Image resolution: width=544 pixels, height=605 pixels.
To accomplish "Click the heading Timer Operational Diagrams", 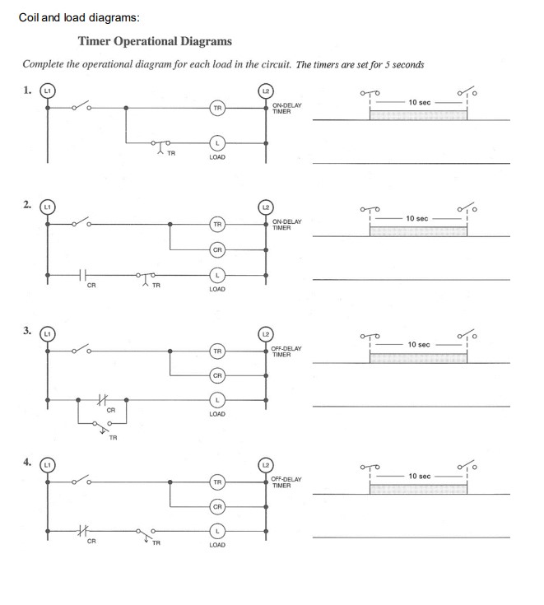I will tap(155, 41).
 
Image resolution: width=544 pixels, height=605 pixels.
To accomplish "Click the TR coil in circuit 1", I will tap(217, 108).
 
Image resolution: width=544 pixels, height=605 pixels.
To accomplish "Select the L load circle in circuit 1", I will tap(217, 142).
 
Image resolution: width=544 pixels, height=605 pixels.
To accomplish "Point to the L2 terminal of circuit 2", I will tap(265, 206).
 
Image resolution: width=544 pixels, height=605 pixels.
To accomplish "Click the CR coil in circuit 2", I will tap(217, 249).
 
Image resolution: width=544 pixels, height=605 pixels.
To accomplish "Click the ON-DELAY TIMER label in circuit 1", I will tap(287, 108).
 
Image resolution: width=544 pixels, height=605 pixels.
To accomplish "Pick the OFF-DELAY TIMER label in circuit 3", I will tap(287, 352).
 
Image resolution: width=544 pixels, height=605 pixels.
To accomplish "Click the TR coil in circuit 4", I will tap(217, 481).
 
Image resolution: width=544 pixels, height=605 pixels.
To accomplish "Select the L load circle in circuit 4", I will tap(217, 531).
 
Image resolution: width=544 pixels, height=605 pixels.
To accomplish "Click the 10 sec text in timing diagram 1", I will tap(419, 102).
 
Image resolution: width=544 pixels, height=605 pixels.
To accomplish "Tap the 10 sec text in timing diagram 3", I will tap(419, 344).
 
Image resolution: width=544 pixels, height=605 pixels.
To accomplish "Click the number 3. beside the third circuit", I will tap(28, 332).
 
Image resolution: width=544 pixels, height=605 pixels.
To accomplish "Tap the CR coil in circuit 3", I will tap(217, 376).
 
